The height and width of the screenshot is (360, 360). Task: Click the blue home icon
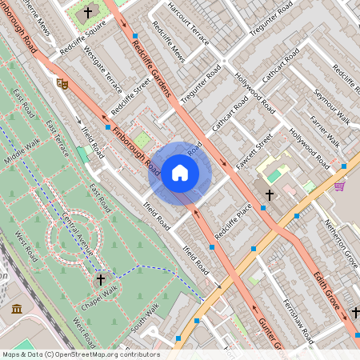[x=180, y=172]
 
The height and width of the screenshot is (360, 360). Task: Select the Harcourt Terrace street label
[x=189, y=24]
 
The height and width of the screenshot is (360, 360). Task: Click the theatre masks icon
[x=62, y=82]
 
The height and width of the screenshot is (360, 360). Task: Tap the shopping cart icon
[x=339, y=186]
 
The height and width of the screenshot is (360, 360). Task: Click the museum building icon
[x=17, y=309]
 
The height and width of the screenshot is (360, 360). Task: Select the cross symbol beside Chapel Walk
[x=101, y=279]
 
